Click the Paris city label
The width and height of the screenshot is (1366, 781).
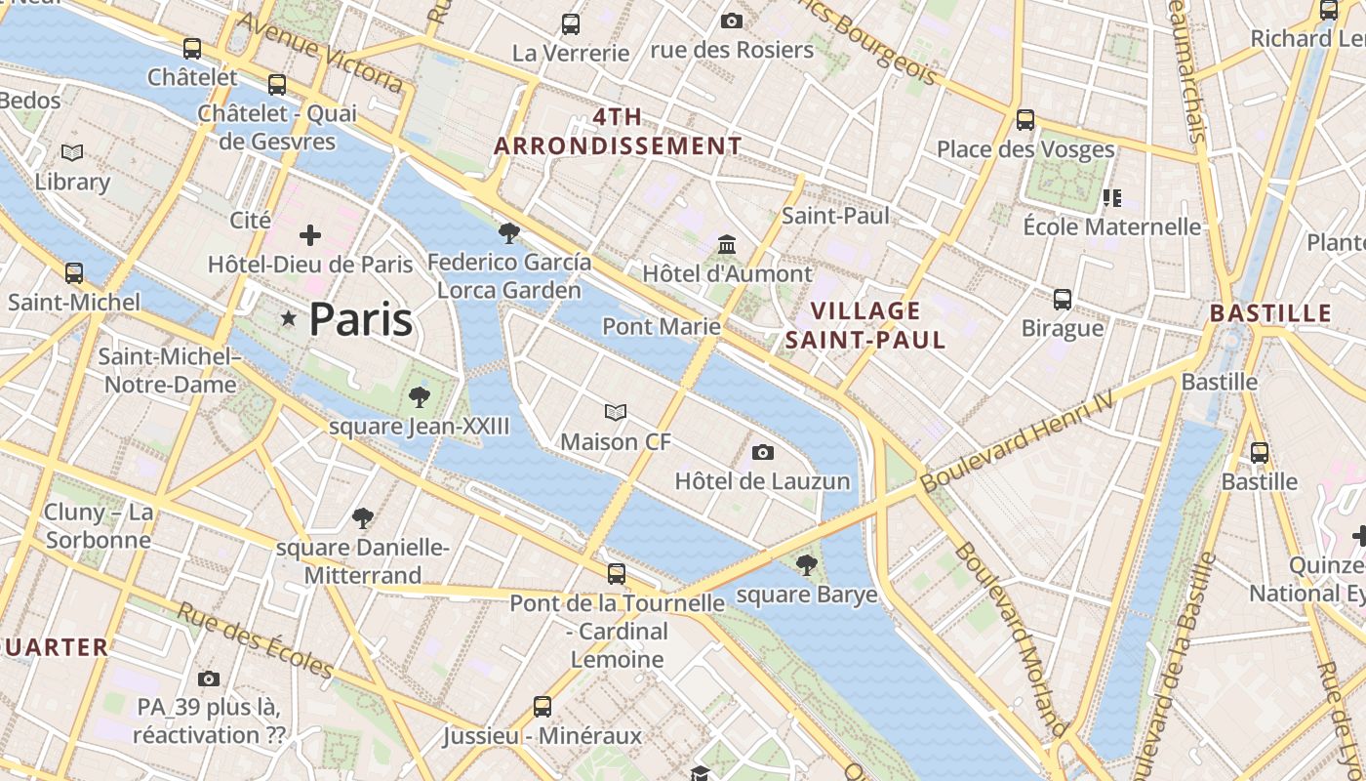[x=361, y=320]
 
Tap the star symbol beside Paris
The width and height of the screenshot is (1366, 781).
[x=288, y=318]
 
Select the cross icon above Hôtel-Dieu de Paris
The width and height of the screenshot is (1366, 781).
[x=310, y=235]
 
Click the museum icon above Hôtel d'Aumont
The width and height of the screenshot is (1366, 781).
[x=727, y=244]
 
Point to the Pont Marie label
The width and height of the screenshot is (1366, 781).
[x=662, y=326]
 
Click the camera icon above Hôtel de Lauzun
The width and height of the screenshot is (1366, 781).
[x=763, y=452]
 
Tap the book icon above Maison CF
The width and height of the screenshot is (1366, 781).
[x=616, y=413]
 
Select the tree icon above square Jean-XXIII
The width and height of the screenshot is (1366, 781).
[x=420, y=397]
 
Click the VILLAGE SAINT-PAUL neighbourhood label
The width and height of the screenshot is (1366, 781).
[x=865, y=325]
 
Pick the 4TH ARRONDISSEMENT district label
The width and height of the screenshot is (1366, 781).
[x=618, y=132]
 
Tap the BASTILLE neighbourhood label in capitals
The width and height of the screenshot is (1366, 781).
[x=1270, y=313]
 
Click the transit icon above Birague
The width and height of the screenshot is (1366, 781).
[x=1063, y=300]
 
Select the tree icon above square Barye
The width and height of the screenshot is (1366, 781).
[x=806, y=564]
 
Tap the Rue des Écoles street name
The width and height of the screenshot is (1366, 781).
[x=256, y=640]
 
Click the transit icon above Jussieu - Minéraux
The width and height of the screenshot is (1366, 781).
[x=542, y=706]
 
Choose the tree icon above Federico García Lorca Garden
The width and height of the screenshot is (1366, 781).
[x=508, y=232]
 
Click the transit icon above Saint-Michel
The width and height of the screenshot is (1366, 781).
[x=74, y=273]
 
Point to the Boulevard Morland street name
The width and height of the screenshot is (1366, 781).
[x=1011, y=638]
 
